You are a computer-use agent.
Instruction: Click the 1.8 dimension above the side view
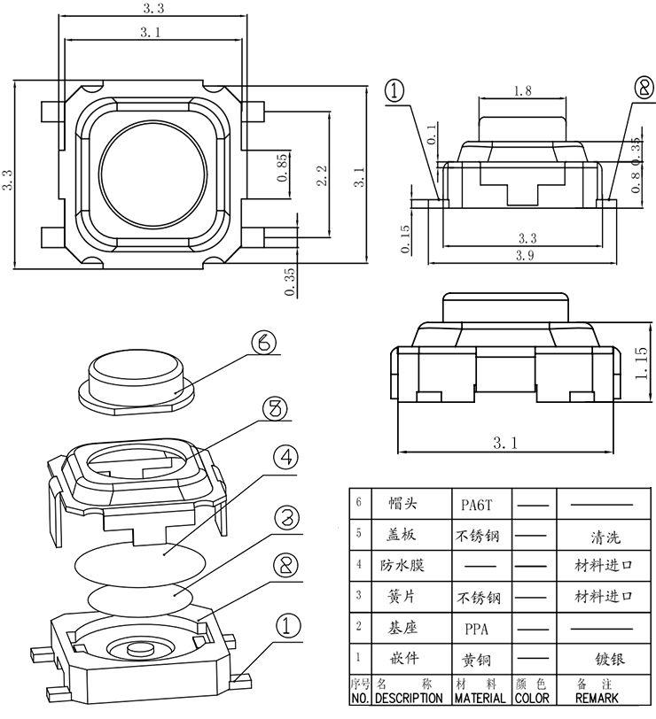(522, 90)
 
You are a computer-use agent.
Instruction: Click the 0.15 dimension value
(405, 240)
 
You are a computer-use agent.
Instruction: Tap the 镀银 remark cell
(607, 659)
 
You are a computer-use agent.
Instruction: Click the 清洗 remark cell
(607, 536)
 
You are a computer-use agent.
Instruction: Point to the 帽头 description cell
(402, 504)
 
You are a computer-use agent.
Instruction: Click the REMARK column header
(607, 697)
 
